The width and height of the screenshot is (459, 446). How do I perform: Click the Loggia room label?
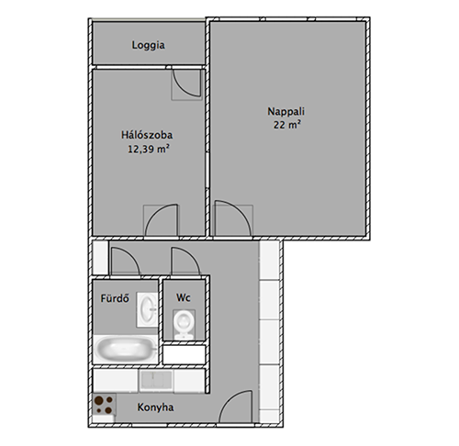(149, 45)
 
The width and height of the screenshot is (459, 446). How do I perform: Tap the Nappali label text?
(286, 112)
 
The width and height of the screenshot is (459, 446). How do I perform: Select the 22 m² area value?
(286, 125)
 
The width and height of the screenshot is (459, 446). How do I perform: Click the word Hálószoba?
(147, 135)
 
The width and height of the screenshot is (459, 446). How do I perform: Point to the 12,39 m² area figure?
(149, 149)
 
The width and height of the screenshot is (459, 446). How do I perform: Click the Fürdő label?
(115, 298)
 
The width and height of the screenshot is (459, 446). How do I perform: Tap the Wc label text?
(184, 297)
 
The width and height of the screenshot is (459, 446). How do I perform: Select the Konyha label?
(155, 407)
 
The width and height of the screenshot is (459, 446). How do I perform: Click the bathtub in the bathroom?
(125, 349)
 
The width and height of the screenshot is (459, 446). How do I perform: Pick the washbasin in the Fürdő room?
(148, 309)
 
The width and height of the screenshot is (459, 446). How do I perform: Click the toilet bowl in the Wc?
(184, 324)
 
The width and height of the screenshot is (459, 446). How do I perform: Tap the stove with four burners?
(104, 404)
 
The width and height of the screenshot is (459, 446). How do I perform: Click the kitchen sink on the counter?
(156, 381)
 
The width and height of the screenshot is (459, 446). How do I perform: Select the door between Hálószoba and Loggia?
(186, 84)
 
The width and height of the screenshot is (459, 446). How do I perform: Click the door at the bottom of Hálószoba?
(162, 220)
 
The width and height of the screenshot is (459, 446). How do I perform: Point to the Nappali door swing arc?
(233, 218)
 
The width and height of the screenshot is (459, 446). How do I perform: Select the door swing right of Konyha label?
(236, 407)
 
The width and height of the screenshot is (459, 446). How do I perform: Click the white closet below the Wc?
(184, 355)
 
